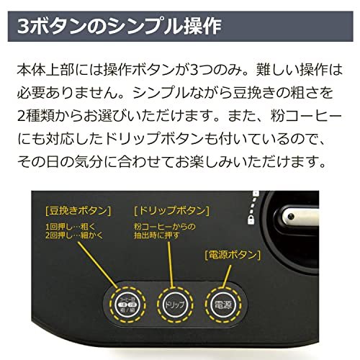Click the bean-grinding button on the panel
(x=127, y=305)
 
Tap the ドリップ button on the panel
(x=175, y=305)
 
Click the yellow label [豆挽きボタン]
(x=78, y=211)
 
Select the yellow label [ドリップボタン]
(x=171, y=211)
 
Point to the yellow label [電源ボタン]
(x=233, y=255)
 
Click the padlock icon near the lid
(x=251, y=220)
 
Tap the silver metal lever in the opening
(x=300, y=217)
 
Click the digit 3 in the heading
(x=23, y=27)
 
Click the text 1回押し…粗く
(x=71, y=226)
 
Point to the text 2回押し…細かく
(x=74, y=235)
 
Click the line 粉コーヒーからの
(x=165, y=226)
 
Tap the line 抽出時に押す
(x=157, y=235)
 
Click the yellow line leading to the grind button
(x=98, y=265)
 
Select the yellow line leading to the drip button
(x=171, y=264)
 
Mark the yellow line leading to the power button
(x=227, y=276)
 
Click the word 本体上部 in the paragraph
(x=45, y=70)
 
